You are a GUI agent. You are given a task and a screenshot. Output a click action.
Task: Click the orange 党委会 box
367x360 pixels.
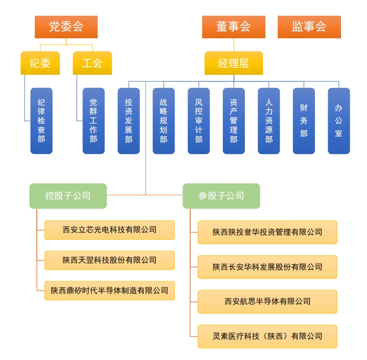66,27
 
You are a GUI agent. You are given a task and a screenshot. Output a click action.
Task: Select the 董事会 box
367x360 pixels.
234,27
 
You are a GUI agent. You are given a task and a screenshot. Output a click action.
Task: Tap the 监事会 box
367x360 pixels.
309,27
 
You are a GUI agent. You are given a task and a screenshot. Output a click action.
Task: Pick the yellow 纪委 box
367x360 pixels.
40,63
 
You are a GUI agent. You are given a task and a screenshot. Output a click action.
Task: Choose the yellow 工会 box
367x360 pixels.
92,63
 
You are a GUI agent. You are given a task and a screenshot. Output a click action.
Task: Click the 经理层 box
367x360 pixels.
234,63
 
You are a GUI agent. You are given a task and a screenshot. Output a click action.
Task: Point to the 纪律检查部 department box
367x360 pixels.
41,121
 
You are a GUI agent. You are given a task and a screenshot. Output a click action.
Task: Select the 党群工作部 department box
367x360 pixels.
93,121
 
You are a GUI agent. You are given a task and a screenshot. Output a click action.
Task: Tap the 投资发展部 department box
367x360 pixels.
129,121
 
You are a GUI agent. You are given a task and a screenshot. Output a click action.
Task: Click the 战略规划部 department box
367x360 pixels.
163,121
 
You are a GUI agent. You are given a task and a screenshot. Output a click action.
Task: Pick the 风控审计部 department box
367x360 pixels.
199,121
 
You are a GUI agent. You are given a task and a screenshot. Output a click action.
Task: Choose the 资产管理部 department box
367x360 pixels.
234,121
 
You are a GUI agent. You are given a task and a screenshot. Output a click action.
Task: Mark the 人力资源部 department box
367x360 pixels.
269,121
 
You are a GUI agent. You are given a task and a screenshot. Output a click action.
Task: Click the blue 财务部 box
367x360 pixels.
304,121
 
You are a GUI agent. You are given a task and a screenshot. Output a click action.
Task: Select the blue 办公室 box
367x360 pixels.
339,121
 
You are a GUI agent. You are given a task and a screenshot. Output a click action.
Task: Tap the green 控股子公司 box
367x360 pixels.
68,195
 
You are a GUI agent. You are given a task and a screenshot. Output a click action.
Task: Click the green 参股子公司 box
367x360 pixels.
221,195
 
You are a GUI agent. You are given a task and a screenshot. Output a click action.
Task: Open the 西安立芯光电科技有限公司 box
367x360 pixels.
109,230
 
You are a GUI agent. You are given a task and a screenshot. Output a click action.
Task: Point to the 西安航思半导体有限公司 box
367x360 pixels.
267,302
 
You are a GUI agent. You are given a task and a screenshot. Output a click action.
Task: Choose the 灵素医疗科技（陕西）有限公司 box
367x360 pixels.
267,336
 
